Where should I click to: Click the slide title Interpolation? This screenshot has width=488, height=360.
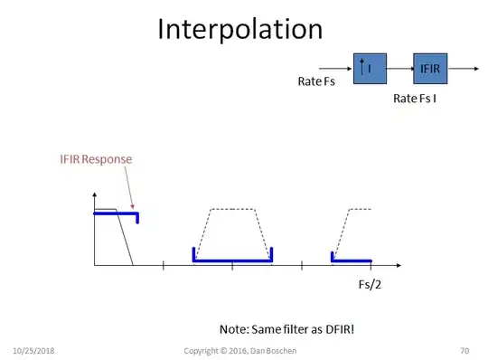coord(239,29)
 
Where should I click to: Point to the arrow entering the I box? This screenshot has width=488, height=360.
coord(333,69)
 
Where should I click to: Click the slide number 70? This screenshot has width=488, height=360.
coord(465,350)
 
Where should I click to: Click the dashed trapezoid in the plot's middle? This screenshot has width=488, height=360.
coord(232,210)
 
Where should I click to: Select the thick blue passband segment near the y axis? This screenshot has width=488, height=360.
coord(116,213)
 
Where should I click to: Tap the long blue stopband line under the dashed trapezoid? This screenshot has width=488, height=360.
coord(232,261)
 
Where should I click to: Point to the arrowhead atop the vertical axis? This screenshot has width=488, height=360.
coord(94,195)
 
